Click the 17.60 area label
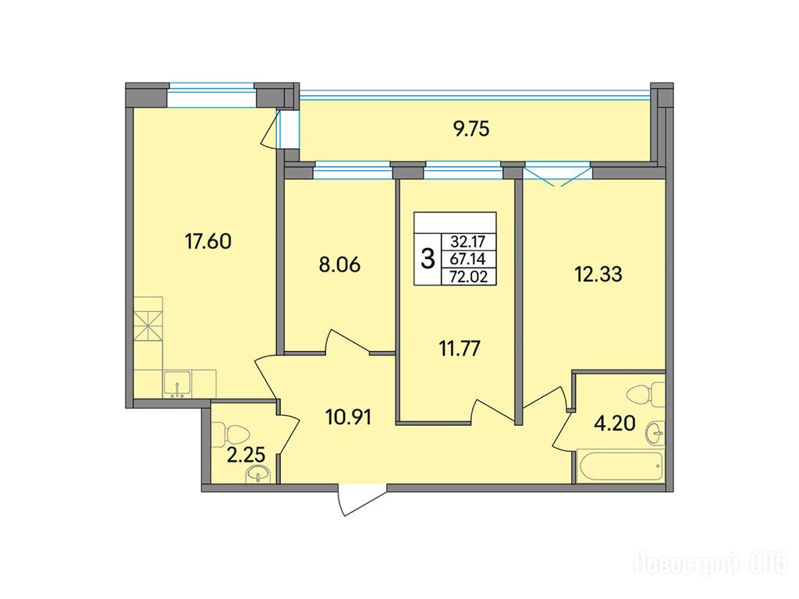pyautogui.click(x=208, y=241)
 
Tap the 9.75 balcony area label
pyautogui.click(x=471, y=129)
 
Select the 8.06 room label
pyautogui.click(x=339, y=265)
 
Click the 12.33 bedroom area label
pyautogui.click(x=598, y=275)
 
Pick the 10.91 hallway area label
pyautogui.click(x=349, y=417)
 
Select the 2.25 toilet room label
pyautogui.click(x=246, y=455)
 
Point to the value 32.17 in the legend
pyautogui.click(x=467, y=242)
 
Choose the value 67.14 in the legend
pyautogui.click(x=467, y=259)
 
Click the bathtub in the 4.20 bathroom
pyautogui.click(x=620, y=464)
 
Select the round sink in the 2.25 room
pyautogui.click(x=259, y=475)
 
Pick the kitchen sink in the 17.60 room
pyautogui.click(x=177, y=385)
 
